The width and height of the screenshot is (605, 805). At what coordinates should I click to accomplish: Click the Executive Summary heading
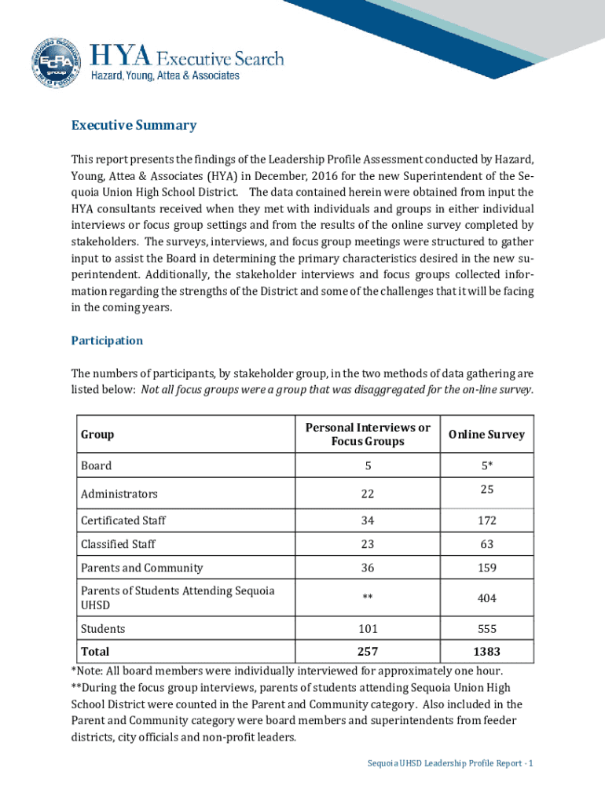[x=134, y=126]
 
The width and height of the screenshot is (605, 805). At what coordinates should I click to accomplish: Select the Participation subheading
[x=107, y=340]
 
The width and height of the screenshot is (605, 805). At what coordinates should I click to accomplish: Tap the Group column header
[x=97, y=435]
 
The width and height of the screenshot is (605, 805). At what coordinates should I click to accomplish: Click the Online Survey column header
[x=486, y=435]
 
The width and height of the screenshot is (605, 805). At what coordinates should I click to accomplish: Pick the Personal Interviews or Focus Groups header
[x=368, y=434]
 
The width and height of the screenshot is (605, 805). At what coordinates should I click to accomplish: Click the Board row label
[x=96, y=465]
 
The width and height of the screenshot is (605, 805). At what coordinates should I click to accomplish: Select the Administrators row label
[x=119, y=494]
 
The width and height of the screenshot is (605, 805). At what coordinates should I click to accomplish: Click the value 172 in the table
[x=486, y=520]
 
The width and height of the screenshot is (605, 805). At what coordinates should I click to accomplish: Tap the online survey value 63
[x=486, y=544]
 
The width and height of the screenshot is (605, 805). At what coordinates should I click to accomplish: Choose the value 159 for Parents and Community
[x=486, y=568]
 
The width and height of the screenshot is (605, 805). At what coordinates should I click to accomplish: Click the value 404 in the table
[x=486, y=598]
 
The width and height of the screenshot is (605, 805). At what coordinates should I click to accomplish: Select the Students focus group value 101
[x=367, y=629]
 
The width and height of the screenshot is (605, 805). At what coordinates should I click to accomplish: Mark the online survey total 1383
[x=486, y=652]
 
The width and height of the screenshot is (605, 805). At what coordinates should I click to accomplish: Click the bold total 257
[x=367, y=652]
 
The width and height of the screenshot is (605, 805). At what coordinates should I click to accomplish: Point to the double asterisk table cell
[x=367, y=598]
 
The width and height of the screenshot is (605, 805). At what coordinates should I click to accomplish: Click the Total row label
[x=95, y=652]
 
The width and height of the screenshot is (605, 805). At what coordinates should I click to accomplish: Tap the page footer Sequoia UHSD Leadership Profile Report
[x=450, y=763]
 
